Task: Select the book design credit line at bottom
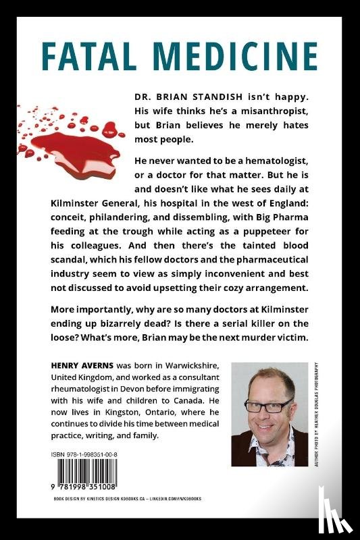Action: pyautogui.click(x=128, y=498)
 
